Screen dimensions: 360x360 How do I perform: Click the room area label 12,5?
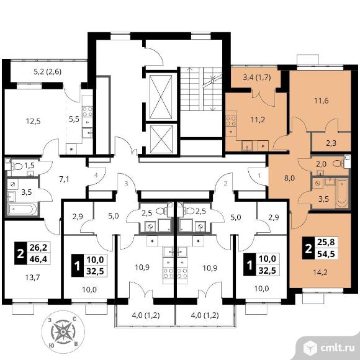tap(34, 121)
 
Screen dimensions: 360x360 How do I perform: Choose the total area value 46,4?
tap(38, 259)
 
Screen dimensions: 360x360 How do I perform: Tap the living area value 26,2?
tap(38, 247)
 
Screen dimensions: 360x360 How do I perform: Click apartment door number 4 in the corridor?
tap(96, 176)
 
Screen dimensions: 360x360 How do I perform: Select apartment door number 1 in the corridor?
tap(259, 176)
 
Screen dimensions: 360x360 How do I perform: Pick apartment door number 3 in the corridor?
tap(126, 184)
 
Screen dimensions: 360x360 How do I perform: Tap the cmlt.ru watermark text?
tap(337, 348)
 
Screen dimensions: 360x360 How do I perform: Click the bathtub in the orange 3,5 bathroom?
tap(341, 194)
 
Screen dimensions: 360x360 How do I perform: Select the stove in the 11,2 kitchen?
tap(231, 121)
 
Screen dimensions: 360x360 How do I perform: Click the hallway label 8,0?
tap(289, 178)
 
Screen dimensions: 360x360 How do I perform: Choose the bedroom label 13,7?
tap(32, 277)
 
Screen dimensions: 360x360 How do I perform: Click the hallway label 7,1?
tap(64, 179)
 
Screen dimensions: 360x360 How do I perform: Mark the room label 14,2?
tap(320, 272)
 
